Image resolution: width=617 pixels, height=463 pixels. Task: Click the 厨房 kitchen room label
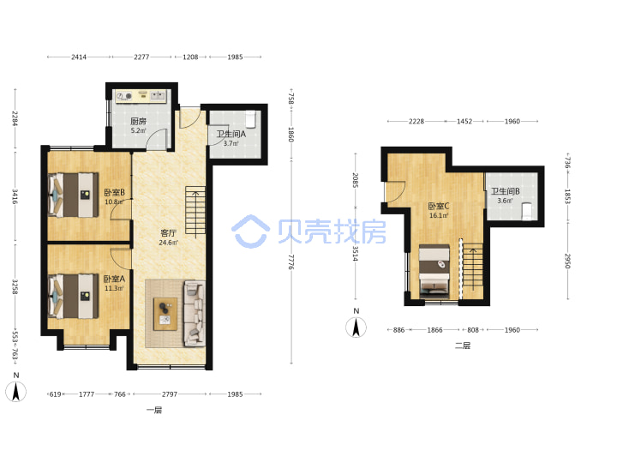pyautogui.click(x=138, y=121)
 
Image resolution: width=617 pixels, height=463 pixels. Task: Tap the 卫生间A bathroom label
pyautogui.click(x=231, y=134)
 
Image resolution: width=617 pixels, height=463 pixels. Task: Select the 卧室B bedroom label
pyautogui.click(x=114, y=193)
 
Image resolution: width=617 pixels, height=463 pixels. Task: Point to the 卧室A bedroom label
pyautogui.click(x=114, y=279)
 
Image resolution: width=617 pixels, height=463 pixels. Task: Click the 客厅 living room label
pyautogui.click(x=168, y=233)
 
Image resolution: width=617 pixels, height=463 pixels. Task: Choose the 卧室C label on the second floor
pyautogui.click(x=439, y=206)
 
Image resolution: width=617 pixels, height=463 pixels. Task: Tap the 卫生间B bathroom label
pyautogui.click(x=506, y=191)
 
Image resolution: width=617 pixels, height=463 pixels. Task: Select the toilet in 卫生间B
pyautogui.click(x=527, y=212)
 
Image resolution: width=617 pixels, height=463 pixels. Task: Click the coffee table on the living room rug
pyautogui.click(x=165, y=314)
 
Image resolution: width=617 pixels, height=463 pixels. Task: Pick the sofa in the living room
pyautogui.click(x=195, y=314)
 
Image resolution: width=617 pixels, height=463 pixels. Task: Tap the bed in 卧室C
pyautogui.click(x=434, y=271)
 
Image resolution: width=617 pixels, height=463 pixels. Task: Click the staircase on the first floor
pyautogui.click(x=195, y=211)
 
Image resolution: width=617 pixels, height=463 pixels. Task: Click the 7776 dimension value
pyautogui.click(x=291, y=262)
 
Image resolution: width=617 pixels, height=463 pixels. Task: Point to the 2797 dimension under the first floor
pyautogui.click(x=170, y=394)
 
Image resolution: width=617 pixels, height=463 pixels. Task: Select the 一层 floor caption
pyautogui.click(x=154, y=410)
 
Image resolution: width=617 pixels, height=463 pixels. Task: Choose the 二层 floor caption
pyautogui.click(x=463, y=346)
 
